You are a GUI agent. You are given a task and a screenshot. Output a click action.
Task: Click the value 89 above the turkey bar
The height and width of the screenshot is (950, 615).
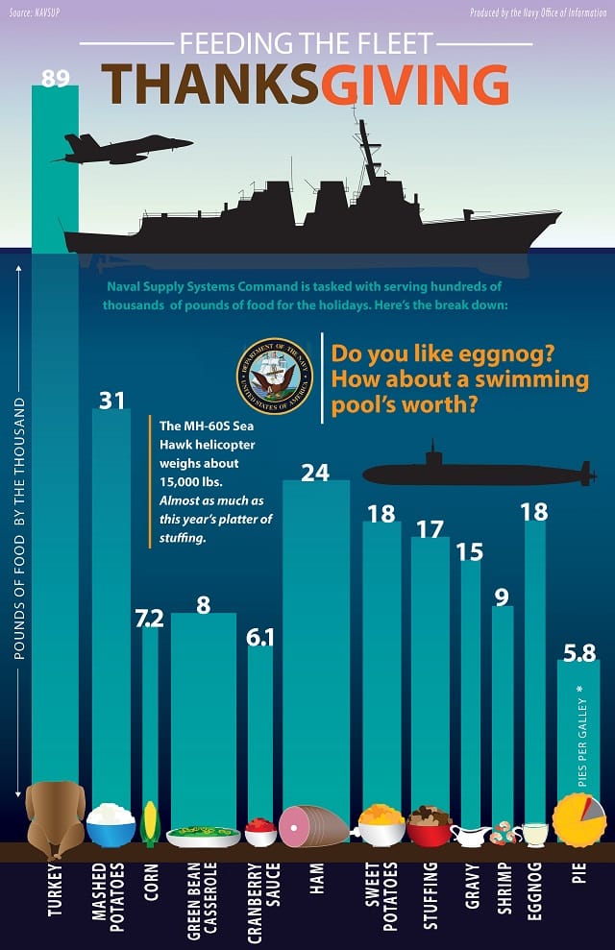coord(55,78)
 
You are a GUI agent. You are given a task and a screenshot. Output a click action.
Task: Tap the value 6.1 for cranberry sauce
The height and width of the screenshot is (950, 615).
coord(260,638)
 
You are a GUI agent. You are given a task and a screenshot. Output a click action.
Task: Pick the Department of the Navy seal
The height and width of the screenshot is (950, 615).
coord(275,377)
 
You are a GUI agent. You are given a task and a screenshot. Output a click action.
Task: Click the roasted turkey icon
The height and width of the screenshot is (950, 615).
coord(55,819)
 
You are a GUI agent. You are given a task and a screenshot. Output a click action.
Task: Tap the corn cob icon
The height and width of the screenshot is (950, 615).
coord(150,823)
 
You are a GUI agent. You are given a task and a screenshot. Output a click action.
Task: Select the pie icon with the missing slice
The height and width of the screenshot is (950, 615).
coord(579,819)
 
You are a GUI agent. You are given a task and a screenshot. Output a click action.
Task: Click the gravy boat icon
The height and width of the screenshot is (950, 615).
coord(470,836)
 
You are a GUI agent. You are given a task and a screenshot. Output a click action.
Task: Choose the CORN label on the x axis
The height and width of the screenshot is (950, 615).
coord(151,883)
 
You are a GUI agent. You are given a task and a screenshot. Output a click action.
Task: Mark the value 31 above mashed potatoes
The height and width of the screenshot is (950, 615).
coord(111,401)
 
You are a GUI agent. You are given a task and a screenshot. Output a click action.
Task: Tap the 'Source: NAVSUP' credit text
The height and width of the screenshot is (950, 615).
coord(35,12)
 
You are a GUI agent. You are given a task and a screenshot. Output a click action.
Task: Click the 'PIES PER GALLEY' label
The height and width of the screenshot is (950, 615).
coord(582,743)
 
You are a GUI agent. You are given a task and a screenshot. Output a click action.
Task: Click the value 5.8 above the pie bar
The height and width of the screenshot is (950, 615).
coord(579,652)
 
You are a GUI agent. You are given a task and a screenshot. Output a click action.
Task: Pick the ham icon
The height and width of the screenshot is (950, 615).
coord(313,826)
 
